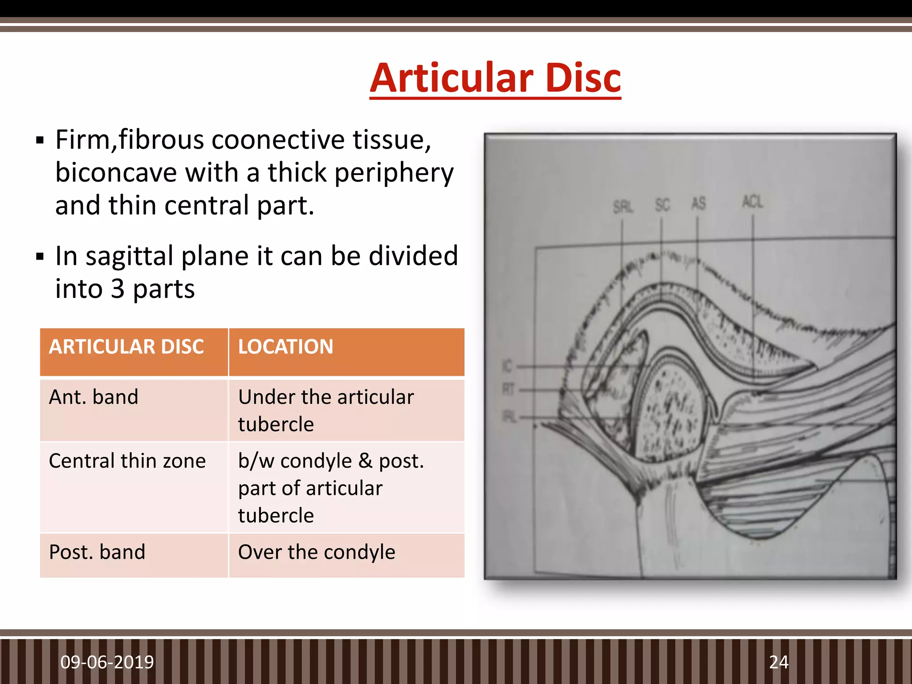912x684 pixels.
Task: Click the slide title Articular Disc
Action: click(495, 78)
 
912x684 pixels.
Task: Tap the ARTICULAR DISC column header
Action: click(126, 347)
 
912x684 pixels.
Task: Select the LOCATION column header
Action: click(285, 347)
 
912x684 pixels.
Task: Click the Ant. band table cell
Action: click(94, 397)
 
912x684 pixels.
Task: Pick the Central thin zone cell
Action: click(127, 461)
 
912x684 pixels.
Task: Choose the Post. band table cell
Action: click(97, 552)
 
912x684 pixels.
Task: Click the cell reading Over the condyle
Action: click(317, 552)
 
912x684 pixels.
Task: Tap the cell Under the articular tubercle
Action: click(326, 410)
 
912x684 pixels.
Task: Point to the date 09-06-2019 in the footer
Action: click(107, 662)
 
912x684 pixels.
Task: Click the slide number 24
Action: click(778, 662)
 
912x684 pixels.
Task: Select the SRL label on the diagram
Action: click(623, 207)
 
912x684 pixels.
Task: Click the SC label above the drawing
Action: click(662, 205)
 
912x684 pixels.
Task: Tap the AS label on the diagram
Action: click(698, 204)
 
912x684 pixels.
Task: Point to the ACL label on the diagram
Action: click(753, 202)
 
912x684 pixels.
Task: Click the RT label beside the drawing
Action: click(508, 389)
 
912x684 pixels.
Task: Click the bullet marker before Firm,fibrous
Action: click(40, 141)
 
